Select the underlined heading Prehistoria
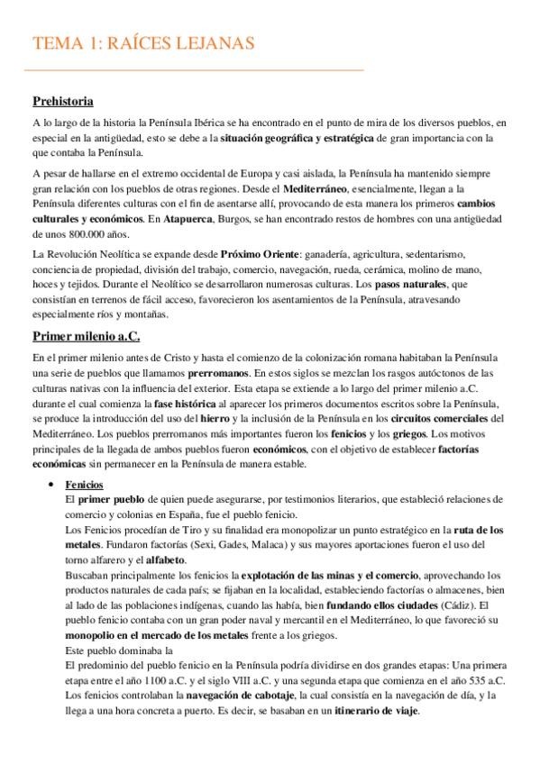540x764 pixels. click(x=63, y=101)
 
